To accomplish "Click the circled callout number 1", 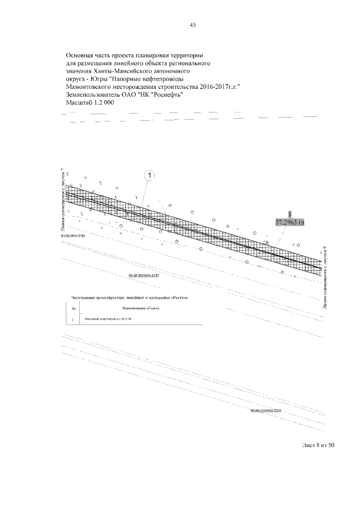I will pos(149,176).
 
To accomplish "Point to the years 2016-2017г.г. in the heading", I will pos(216,88).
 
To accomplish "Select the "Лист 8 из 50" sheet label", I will pos(318,445).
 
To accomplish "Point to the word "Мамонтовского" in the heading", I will pos(94,88).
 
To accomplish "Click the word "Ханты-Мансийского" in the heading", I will pos(123,72).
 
